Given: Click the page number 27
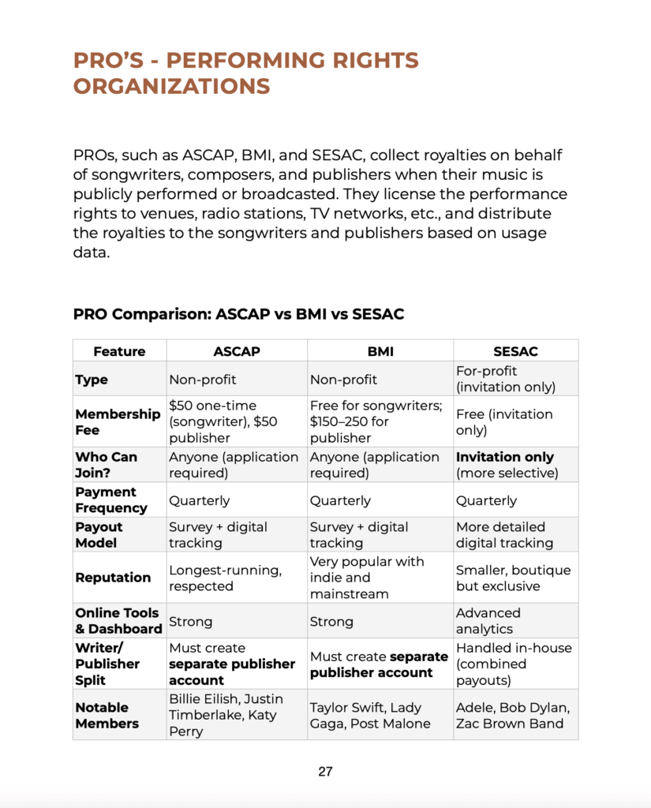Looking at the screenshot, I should pos(325,771).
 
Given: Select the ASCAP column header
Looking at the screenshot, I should pos(237,351).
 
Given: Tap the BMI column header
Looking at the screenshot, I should pos(380,351).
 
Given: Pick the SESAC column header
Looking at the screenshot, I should pos(515,351).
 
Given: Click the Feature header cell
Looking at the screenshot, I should pos(119,351).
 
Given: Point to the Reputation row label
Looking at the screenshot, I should pos(113,578).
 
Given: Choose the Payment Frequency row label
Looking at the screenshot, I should pos(111,500).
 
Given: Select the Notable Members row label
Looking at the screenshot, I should pos(107,716).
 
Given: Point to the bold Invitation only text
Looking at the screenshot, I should pos(505,457).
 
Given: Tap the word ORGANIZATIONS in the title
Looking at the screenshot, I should pos(172,86).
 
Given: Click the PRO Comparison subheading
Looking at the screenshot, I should pos(238,314).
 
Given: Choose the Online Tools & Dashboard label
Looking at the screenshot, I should pos(118,621).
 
